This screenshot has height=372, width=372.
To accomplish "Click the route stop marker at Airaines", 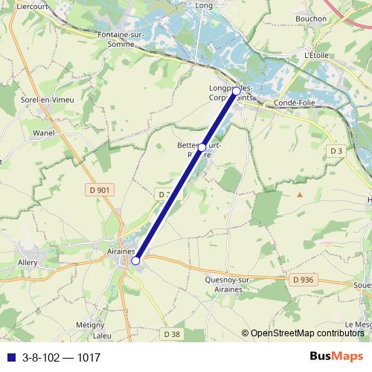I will (135, 260).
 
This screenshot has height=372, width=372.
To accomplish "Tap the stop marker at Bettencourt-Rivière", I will (202, 147).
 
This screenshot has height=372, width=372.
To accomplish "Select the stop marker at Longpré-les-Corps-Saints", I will (237, 91).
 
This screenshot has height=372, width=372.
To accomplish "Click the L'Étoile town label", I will (316, 55).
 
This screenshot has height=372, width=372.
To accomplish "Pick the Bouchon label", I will (310, 19).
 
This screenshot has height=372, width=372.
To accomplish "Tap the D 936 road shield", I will (302, 279).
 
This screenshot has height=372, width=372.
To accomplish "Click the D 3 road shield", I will (336, 150).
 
